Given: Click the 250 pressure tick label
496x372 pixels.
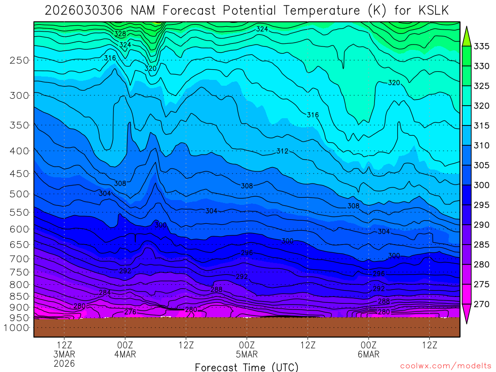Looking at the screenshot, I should pyautogui.click(x=19, y=60).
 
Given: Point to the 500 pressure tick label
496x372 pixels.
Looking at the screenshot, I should pyautogui.click(x=19, y=194).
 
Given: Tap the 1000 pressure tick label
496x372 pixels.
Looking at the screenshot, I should pyautogui.click(x=17, y=328).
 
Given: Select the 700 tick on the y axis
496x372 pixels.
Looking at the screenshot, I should pyautogui.click(x=19, y=259).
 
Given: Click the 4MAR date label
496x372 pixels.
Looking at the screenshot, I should pyautogui.click(x=125, y=354).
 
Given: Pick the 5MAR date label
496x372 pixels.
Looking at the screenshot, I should pyautogui.click(x=247, y=354).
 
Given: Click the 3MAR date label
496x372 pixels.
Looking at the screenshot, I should pyautogui.click(x=64, y=354).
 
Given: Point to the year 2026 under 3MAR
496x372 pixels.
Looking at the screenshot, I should pyautogui.click(x=64, y=363).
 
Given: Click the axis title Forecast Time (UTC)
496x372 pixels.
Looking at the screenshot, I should pyautogui.click(x=247, y=367).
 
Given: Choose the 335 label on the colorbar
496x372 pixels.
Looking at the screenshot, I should pyautogui.click(x=480, y=46).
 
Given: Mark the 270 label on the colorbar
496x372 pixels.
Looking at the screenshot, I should pyautogui.click(x=480, y=304).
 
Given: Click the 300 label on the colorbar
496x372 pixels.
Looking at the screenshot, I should pyautogui.click(x=480, y=185).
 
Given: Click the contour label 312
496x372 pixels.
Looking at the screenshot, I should pyautogui.click(x=282, y=151).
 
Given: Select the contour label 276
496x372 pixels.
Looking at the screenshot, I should pyautogui.click(x=130, y=311).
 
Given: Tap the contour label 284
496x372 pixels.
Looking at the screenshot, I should pyautogui.click(x=105, y=293).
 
